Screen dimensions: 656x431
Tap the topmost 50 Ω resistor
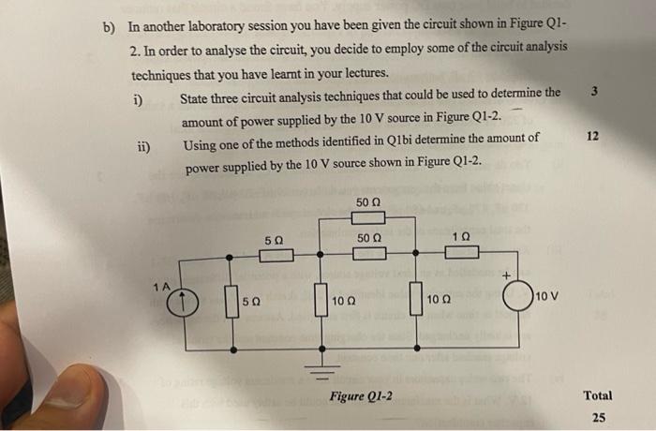click(x=368, y=217)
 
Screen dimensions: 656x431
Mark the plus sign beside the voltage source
click(x=506, y=275)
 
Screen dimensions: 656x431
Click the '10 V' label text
click(x=547, y=298)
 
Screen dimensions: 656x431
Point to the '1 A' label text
click(x=163, y=284)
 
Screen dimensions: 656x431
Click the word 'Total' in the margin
click(x=598, y=395)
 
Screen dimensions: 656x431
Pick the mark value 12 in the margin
click(x=592, y=136)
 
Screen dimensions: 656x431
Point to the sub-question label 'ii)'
click(x=142, y=146)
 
